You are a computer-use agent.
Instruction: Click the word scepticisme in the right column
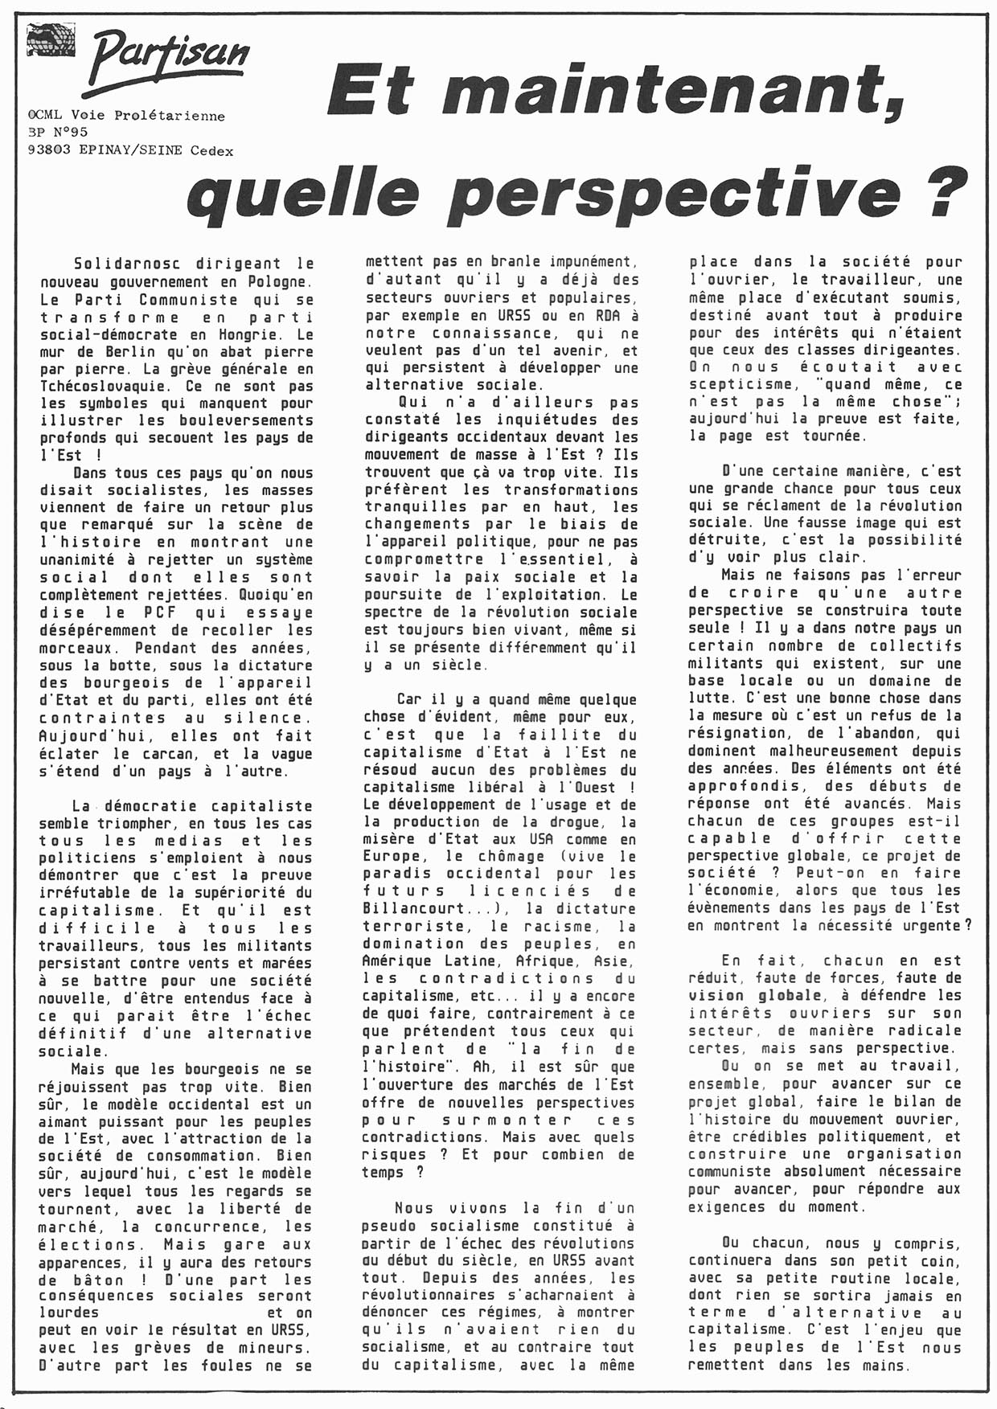[x=740, y=384]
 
